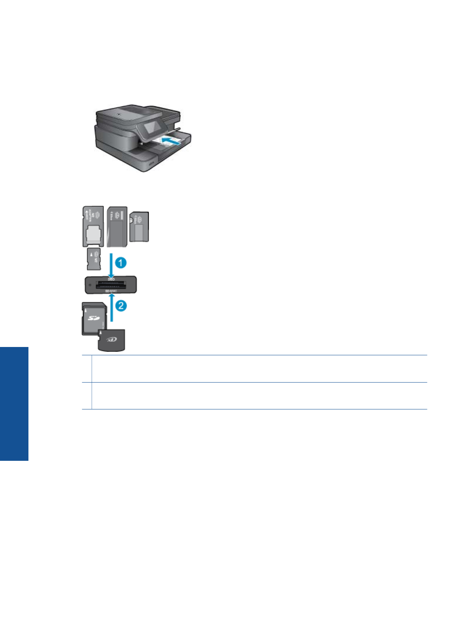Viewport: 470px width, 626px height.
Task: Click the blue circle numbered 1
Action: [x=120, y=262]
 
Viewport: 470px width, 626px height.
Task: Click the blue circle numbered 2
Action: [x=121, y=305]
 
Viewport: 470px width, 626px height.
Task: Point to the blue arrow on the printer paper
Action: [x=171, y=140]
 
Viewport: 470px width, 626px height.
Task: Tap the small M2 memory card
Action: [x=94, y=259]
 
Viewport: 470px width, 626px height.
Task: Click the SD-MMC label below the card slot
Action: [x=111, y=291]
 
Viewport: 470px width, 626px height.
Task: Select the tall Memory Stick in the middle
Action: [x=117, y=226]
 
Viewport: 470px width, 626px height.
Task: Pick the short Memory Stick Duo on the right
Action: [x=139, y=226]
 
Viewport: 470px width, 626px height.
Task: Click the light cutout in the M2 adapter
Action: [x=93, y=234]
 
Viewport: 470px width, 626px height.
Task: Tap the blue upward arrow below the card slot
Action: [x=111, y=310]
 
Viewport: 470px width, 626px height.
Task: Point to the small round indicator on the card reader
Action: [x=90, y=285]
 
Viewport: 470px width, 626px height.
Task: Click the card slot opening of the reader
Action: [x=111, y=285]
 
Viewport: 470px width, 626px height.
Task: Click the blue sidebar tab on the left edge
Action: [x=14, y=404]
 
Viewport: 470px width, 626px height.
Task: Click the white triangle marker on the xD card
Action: [x=101, y=333]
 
